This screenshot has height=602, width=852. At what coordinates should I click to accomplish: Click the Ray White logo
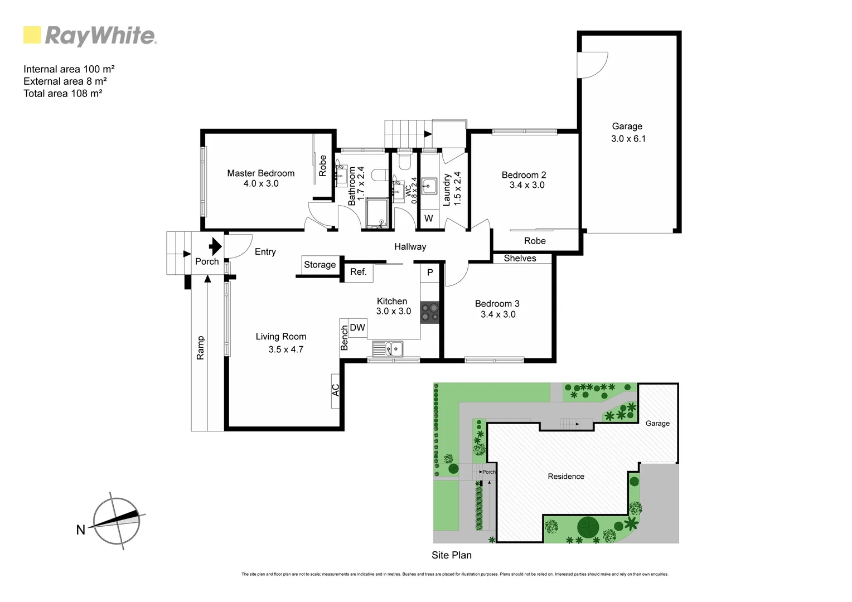90,36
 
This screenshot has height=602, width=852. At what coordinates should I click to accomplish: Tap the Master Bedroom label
260,173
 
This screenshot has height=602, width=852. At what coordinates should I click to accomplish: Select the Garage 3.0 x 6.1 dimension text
628,139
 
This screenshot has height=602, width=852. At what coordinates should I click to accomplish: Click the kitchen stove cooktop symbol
429,312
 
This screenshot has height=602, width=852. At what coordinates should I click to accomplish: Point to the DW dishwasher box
357,328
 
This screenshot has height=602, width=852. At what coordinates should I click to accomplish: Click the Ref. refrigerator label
358,272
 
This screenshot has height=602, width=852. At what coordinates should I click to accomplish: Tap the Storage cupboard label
319,265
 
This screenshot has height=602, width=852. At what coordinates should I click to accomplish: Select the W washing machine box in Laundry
428,219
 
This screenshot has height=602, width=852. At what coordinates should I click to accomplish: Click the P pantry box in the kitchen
430,273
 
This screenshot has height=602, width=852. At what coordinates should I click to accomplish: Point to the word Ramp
201,347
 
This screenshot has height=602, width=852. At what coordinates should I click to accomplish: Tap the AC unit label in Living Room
336,390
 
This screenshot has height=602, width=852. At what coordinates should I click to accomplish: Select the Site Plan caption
451,555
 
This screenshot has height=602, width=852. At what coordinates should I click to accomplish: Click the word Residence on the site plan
565,477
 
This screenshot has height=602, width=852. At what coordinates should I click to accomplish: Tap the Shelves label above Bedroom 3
520,258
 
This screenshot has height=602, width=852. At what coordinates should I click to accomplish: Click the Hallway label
410,246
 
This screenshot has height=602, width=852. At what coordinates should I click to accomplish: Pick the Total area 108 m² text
62,94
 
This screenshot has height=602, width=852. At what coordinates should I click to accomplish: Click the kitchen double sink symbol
388,349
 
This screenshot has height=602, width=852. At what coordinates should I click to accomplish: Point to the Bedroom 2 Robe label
535,241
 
